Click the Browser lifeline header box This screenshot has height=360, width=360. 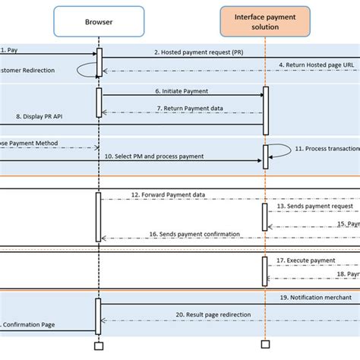point(98,23)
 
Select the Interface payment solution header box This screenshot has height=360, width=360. point(264,23)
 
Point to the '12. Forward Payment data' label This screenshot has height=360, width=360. point(178,194)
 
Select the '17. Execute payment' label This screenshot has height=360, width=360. point(311,260)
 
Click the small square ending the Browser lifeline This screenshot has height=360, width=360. point(98,346)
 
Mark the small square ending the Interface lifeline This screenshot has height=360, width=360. point(264,346)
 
